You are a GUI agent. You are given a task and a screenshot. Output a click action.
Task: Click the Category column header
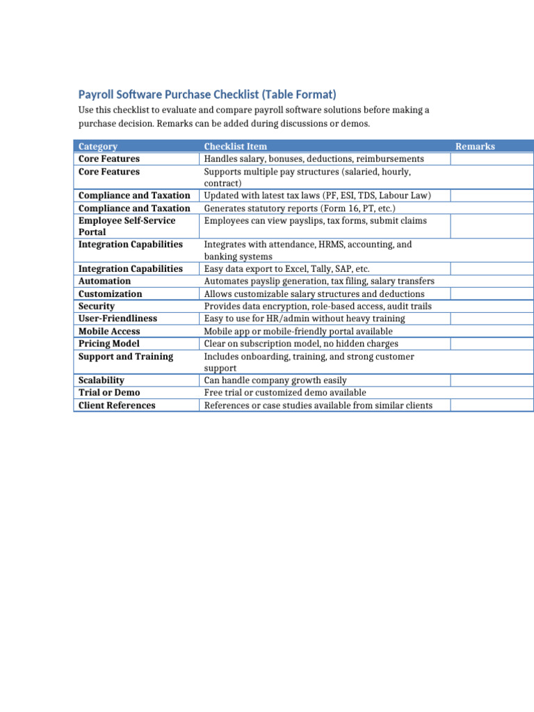point(98,147)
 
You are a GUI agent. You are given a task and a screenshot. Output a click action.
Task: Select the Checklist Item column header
point(235,147)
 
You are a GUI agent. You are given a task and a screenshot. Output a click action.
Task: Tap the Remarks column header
point(475,147)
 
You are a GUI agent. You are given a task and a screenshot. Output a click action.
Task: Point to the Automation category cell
point(104,282)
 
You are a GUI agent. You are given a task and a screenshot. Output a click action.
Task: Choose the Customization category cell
point(110,294)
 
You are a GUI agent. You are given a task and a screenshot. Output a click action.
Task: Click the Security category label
point(97,307)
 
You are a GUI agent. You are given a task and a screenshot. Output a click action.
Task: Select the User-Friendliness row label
point(118,318)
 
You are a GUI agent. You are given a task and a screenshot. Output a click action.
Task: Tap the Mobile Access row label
point(109,332)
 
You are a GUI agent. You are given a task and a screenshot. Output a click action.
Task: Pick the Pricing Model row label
point(108,344)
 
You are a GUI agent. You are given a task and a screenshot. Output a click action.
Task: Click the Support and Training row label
point(126,357)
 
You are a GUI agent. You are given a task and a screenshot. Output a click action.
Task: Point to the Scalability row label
point(102,380)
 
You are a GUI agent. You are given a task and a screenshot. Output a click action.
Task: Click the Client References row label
point(117,405)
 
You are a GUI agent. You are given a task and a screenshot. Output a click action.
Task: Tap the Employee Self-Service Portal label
point(127,226)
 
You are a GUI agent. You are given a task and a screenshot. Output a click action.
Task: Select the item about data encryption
point(317,307)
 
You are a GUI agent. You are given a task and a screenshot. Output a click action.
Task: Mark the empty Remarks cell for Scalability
point(492,380)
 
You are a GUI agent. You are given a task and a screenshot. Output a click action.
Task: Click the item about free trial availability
point(294,393)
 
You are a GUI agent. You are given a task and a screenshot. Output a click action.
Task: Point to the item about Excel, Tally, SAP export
point(286,269)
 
